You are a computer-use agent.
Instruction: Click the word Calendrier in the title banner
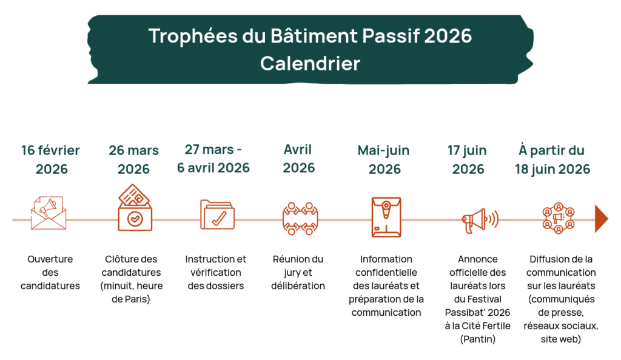310,63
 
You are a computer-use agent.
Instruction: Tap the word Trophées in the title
193,36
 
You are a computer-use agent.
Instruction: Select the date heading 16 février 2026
51,159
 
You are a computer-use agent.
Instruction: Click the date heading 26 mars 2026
134,159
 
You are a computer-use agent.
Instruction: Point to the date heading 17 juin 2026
468,159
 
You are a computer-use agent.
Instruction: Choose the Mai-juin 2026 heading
384,159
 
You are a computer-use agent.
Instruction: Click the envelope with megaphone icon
49,213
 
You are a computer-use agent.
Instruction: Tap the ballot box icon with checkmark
135,207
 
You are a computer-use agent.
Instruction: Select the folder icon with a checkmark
218,215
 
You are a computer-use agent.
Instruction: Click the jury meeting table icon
300,219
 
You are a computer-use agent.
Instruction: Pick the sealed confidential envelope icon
386,217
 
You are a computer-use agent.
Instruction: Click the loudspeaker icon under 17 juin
480,221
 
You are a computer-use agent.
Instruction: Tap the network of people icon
559,218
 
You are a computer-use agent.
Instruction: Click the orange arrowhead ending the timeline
601,219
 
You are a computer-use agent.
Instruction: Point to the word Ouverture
50,259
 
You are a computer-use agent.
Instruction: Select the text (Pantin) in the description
478,339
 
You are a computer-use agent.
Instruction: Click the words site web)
561,339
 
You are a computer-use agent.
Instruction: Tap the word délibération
298,285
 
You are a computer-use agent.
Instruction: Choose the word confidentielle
386,273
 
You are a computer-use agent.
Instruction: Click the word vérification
216,273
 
